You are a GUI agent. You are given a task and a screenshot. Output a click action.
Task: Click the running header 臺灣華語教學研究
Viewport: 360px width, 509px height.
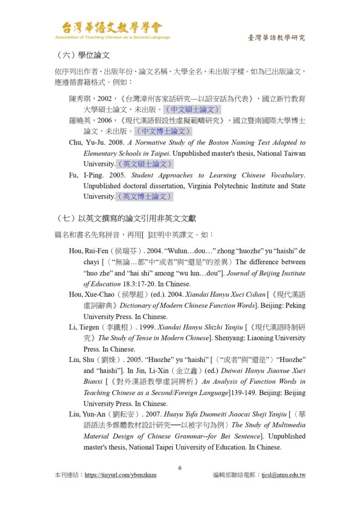coord(276,38)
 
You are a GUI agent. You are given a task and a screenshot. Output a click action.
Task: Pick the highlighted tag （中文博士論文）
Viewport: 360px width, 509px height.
coord(164,131)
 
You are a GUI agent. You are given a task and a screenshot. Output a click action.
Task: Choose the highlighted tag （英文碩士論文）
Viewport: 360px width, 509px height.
coord(145,164)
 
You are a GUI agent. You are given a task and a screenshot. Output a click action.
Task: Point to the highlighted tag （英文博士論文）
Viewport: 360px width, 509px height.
coord(145,196)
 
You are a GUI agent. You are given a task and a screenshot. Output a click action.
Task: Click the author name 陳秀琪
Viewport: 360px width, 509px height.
coord(80,99)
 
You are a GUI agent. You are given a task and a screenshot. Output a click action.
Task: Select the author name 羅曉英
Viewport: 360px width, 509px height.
coord(80,121)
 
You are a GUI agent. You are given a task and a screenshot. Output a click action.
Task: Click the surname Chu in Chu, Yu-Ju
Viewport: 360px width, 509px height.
coord(75,143)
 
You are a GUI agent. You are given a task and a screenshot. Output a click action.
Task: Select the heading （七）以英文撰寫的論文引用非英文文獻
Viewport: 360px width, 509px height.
coord(126,218)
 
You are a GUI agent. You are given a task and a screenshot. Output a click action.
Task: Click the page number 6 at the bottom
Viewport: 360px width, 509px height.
coord(180,468)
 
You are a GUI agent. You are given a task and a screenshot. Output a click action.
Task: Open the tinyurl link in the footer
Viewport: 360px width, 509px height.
coord(120,475)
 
